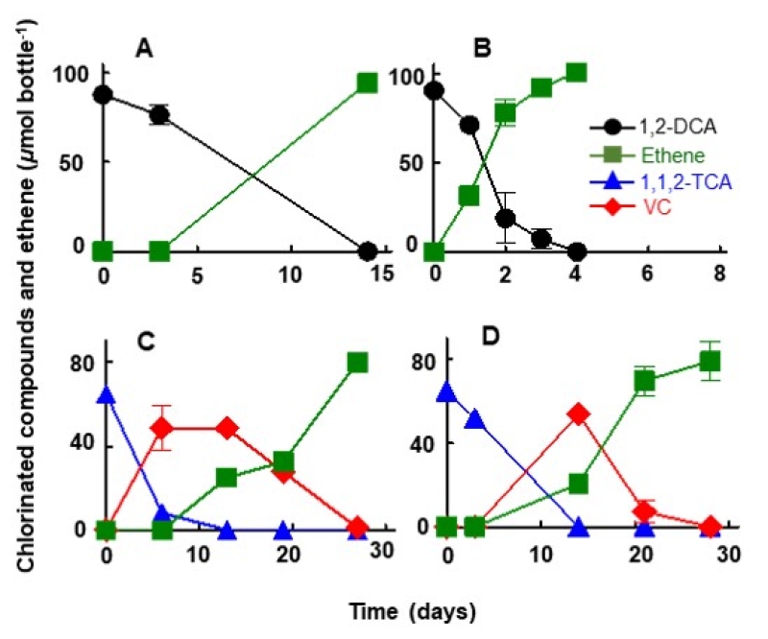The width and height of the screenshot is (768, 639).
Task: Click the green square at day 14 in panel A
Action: pos(366,83)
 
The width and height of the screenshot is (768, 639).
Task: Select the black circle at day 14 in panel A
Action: pos(366,252)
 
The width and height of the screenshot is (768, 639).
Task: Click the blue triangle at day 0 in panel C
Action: pos(106,395)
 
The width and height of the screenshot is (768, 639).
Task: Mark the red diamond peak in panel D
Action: pos(578,414)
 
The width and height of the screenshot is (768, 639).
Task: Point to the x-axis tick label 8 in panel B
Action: pos(717,273)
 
